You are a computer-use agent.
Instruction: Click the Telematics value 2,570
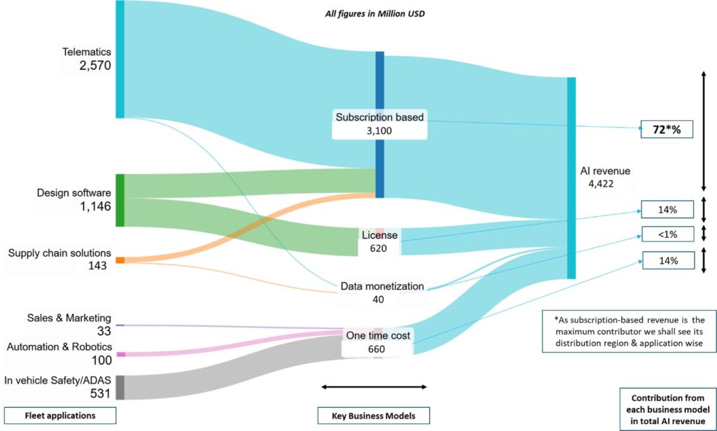click(x=95, y=66)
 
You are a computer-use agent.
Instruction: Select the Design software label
click(x=74, y=192)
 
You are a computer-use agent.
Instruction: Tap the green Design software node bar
click(x=120, y=200)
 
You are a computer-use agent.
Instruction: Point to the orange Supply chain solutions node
click(x=120, y=260)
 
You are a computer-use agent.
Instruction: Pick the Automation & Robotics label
click(x=59, y=346)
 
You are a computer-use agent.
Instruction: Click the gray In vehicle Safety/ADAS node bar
click(x=120, y=388)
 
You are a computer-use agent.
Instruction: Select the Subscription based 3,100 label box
click(x=380, y=124)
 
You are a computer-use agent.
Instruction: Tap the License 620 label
click(x=380, y=241)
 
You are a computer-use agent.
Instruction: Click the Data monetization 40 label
click(x=382, y=292)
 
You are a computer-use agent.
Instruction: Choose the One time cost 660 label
click(x=378, y=342)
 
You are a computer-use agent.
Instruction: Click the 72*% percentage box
click(x=666, y=129)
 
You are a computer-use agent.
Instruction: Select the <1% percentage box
click(x=666, y=234)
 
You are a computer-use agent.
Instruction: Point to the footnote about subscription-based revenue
click(x=629, y=331)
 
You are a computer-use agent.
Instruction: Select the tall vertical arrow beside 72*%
click(x=703, y=129)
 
